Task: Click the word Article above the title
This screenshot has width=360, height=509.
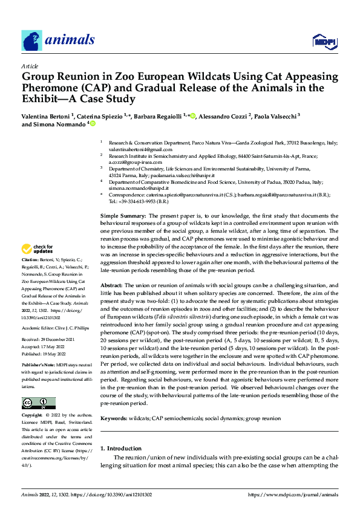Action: coord(30,66)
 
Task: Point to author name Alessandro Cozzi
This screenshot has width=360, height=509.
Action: coord(229,115)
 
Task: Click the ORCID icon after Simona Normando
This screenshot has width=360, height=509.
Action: coord(94,124)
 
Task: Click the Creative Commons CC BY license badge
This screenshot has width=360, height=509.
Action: coord(38,403)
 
